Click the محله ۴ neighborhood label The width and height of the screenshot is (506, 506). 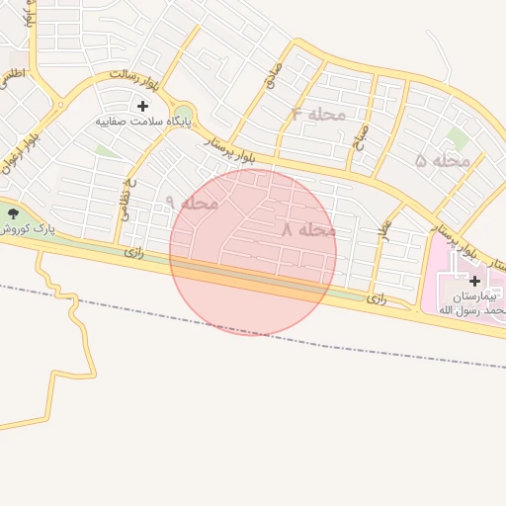click(318, 114)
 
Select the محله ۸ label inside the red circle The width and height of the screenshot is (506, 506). click(308, 229)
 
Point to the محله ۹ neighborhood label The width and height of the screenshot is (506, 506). click(191, 203)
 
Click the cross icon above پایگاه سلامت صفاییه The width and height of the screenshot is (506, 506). click(142, 105)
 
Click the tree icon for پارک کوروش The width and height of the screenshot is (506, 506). click(13, 212)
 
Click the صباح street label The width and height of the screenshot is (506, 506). click(362, 135)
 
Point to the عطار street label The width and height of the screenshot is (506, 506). click(385, 229)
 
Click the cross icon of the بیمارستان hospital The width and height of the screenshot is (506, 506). click(474, 281)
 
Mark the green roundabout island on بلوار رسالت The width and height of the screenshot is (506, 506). click(184, 114)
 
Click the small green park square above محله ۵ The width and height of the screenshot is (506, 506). click(458, 137)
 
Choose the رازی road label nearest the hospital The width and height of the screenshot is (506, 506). click(377, 296)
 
